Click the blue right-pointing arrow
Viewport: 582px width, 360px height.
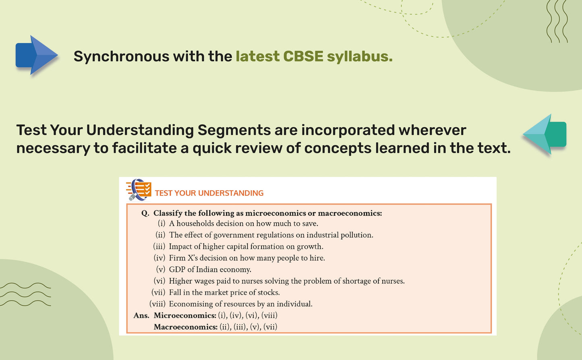tap(36, 55)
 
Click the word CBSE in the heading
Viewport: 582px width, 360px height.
tap(303, 56)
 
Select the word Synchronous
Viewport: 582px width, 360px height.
tap(121, 57)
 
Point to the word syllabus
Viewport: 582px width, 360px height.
tap(360, 57)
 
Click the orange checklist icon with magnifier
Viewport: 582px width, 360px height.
tap(139, 190)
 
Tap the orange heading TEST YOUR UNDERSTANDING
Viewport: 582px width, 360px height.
tap(209, 193)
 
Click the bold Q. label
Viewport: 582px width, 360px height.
tap(145, 213)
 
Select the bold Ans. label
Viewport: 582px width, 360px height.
tap(141, 315)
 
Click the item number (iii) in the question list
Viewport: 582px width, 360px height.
tap(159, 246)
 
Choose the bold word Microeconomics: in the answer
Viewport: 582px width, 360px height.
tap(185, 315)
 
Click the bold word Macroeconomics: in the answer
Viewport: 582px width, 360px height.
tap(186, 327)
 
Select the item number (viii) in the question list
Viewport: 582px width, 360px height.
tap(157, 304)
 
